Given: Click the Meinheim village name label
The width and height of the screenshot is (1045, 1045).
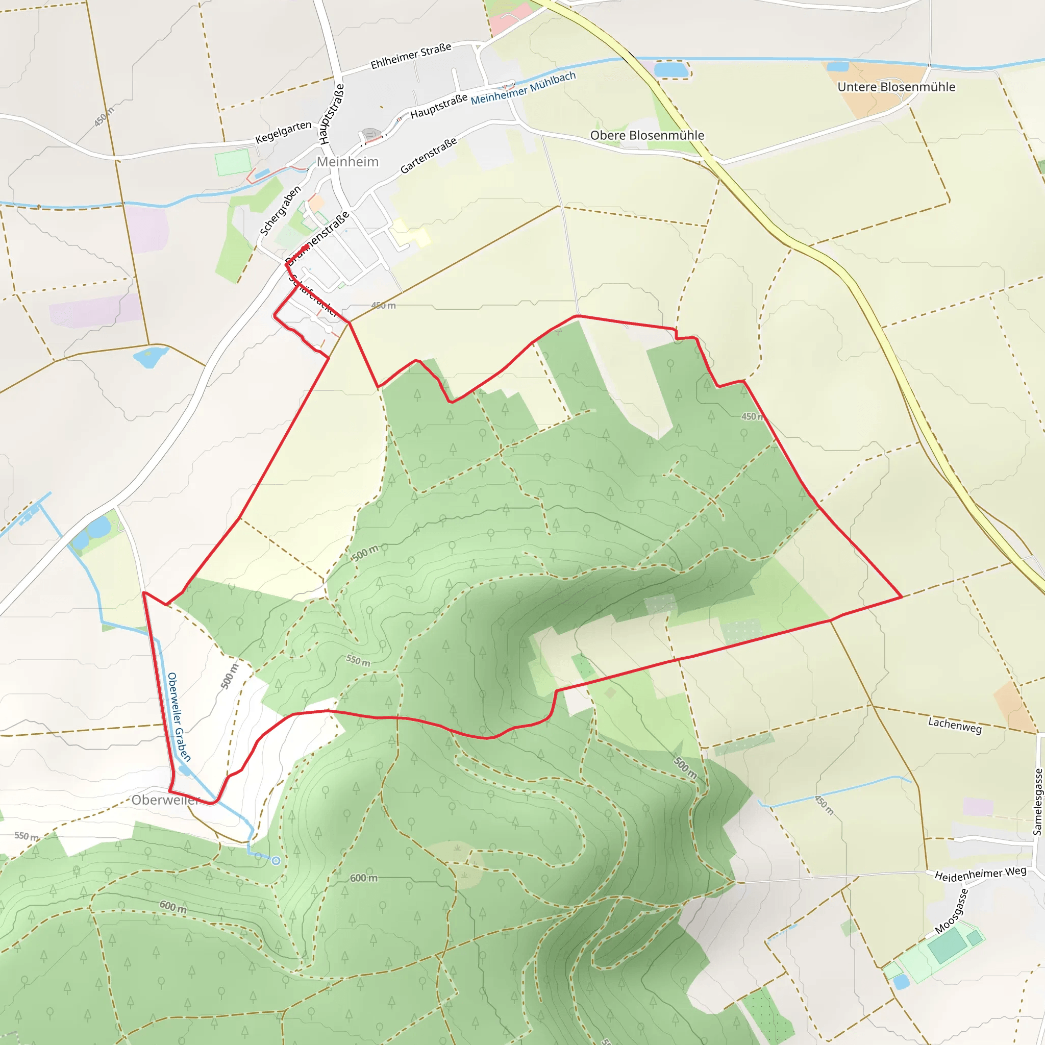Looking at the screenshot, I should click(x=347, y=162).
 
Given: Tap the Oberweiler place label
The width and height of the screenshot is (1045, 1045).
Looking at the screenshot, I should click(x=165, y=800).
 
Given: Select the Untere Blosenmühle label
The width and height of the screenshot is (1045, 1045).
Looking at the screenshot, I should click(x=895, y=87).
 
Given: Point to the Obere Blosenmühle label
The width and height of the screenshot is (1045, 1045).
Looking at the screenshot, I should click(x=647, y=135).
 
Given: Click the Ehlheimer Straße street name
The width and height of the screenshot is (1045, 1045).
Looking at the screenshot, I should click(x=411, y=56).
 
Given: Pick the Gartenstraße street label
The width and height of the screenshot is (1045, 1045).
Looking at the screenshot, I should click(x=429, y=156).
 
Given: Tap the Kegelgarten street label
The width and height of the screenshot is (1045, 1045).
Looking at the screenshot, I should click(x=283, y=132).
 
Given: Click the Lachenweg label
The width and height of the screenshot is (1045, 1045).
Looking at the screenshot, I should click(x=955, y=725).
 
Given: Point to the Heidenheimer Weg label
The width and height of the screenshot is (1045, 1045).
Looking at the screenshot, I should click(x=980, y=873).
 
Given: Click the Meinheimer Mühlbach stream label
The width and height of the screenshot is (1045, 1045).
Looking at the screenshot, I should click(x=523, y=89).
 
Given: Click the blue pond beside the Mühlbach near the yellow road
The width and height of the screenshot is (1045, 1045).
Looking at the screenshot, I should click(x=670, y=70).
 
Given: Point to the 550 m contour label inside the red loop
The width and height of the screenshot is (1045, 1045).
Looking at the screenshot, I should click(x=358, y=660).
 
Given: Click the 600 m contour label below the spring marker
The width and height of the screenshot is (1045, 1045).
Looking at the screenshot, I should click(x=363, y=878).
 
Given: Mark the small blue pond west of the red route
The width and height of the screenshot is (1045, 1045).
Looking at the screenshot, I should click(x=150, y=357).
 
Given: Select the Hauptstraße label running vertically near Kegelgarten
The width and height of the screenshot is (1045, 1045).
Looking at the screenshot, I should click(x=331, y=114).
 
